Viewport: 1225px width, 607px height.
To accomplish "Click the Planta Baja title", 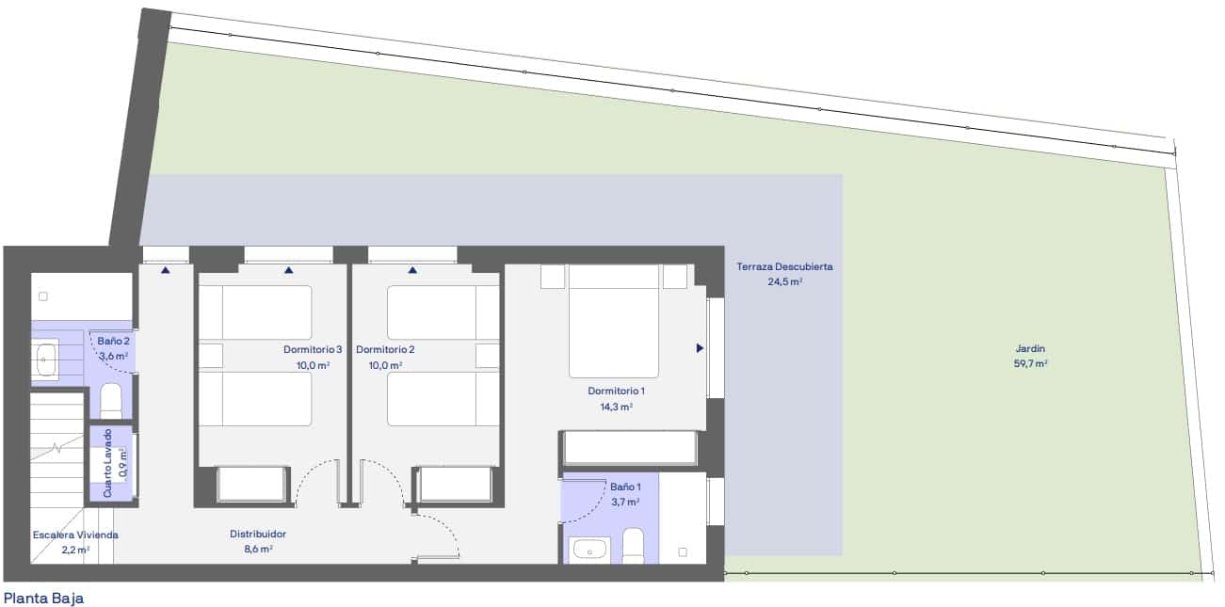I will [x=44, y=597].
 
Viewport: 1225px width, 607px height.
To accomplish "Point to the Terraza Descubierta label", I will [x=783, y=266].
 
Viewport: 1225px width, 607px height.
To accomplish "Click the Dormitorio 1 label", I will [x=617, y=390].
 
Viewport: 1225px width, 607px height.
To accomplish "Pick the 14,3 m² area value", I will [x=617, y=407].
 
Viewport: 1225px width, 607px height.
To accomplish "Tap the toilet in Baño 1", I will [x=633, y=546].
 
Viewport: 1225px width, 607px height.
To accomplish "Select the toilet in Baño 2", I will [x=111, y=400].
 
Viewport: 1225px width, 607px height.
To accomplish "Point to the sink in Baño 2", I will [x=45, y=356].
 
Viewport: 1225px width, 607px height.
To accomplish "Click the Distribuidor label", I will [x=258, y=534].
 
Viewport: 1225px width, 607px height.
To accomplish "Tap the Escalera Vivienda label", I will [x=75, y=535].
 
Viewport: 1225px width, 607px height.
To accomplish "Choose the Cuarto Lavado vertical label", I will [x=107, y=463].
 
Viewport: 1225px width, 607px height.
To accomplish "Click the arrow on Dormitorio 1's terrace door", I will [x=700, y=348].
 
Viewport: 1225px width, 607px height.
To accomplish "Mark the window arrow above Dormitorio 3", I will [x=288, y=270].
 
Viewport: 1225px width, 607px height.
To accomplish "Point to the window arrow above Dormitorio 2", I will [x=412, y=270].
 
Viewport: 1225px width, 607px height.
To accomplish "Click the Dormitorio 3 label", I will [x=313, y=349].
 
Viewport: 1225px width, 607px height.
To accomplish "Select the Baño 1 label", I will [x=625, y=487].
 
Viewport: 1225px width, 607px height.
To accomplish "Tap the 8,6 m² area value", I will [x=258, y=549].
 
